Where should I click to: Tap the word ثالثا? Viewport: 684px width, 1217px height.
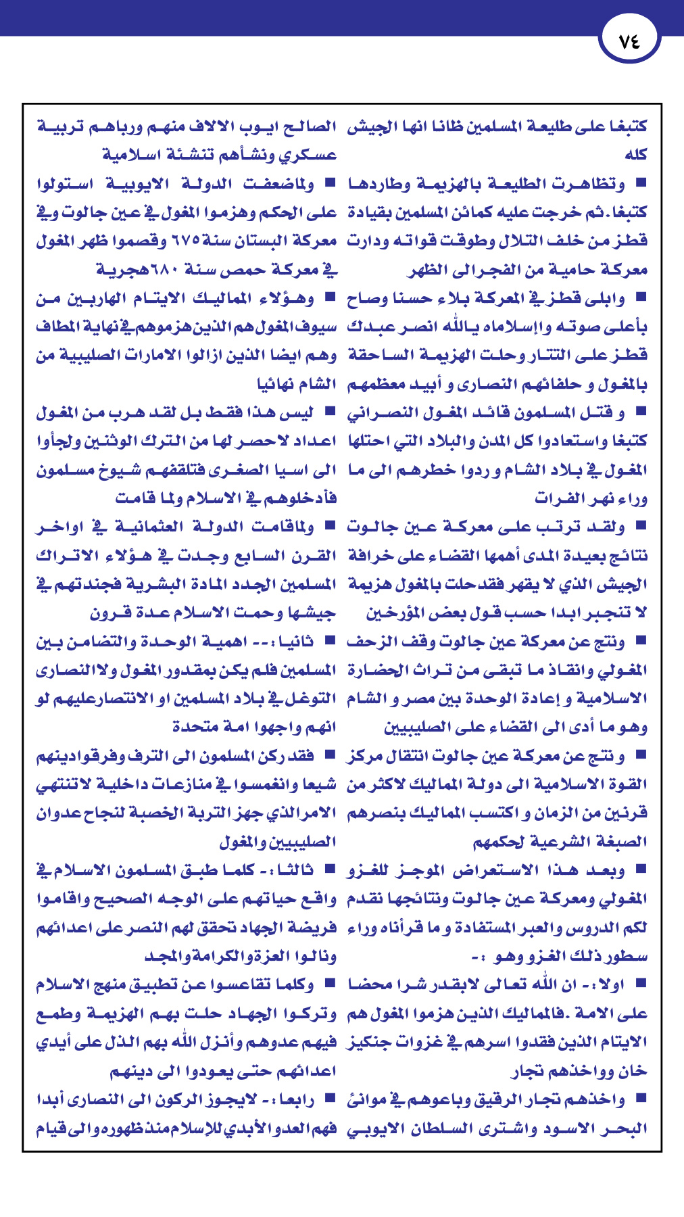pos(291,870)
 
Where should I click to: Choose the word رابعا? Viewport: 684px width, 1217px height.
pos(296,1100)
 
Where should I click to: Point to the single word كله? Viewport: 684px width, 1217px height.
pos(635,155)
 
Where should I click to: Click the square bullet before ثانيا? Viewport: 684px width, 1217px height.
pos(330,640)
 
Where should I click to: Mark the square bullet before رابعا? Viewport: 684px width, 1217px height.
pos(330,1099)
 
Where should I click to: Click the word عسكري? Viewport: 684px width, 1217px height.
pos(308,155)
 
